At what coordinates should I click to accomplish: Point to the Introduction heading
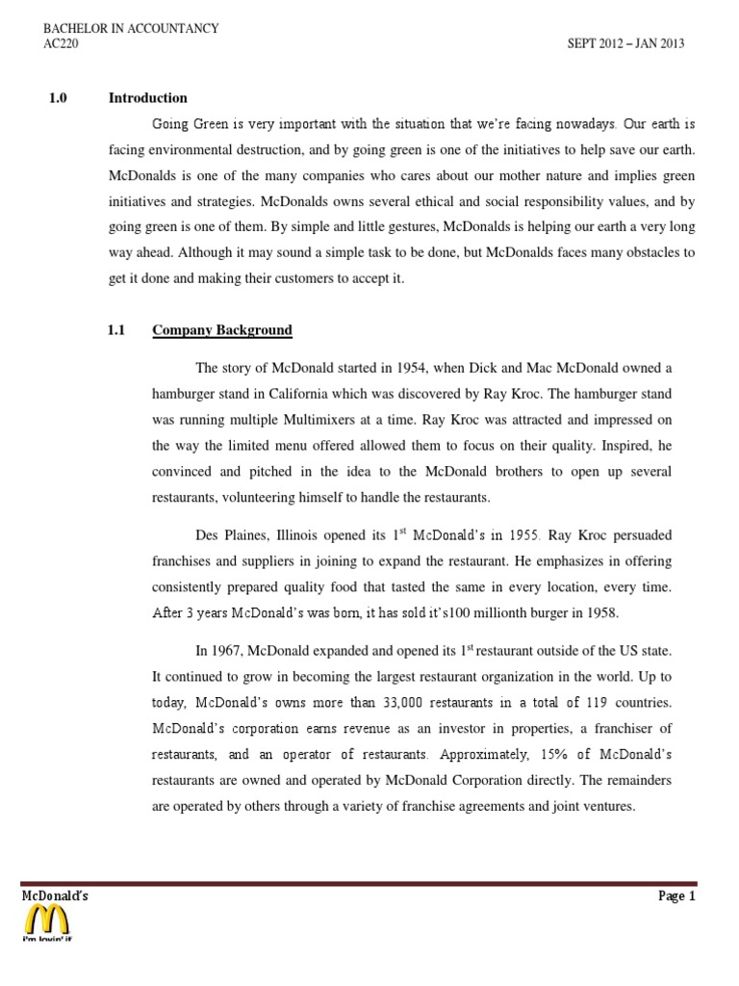[x=148, y=98]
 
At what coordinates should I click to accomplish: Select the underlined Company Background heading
[x=222, y=330]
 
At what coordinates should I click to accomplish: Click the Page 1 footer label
[x=676, y=896]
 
